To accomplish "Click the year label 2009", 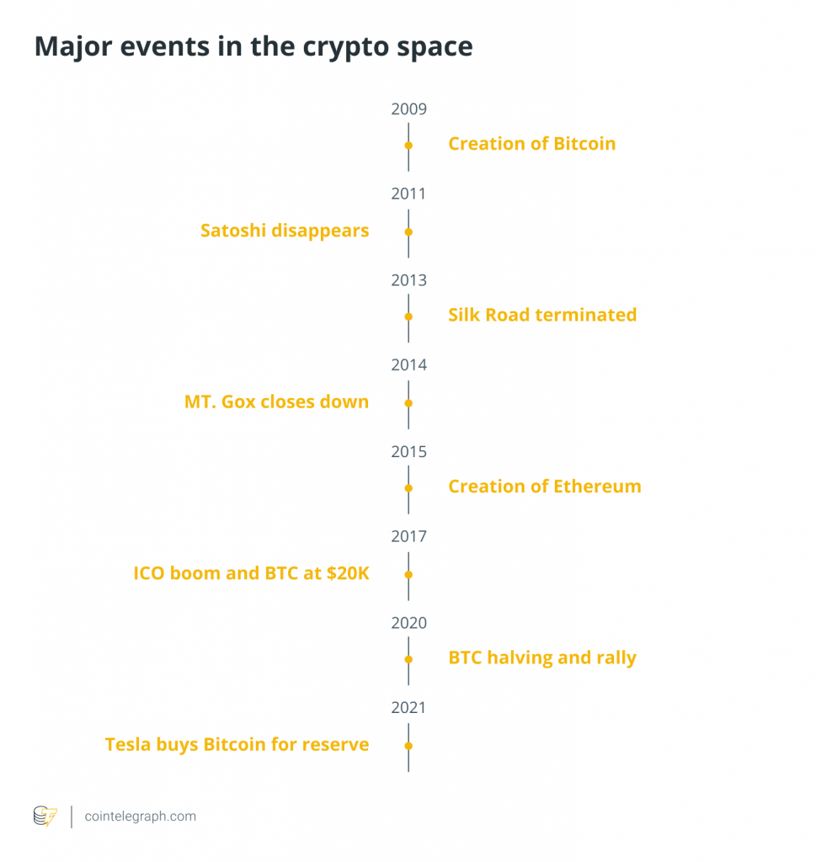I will click(x=408, y=109).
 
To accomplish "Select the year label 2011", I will click(x=408, y=194).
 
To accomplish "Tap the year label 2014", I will click(x=408, y=364).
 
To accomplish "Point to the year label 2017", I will click(x=408, y=536).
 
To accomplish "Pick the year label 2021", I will click(x=408, y=707).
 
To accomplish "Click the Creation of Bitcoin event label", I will click(x=531, y=144).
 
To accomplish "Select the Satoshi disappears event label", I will click(x=285, y=230).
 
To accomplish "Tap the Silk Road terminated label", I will click(x=542, y=316).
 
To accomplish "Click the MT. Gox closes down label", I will click(x=276, y=402).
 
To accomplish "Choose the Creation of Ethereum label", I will click(x=544, y=487).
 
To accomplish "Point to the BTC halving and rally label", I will click(x=542, y=657).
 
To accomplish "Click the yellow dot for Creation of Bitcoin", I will click(x=408, y=146).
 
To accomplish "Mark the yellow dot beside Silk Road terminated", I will click(x=408, y=317).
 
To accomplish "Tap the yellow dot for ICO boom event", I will click(x=408, y=574).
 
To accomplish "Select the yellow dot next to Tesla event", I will click(x=408, y=746).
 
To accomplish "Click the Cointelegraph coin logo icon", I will click(x=45, y=816).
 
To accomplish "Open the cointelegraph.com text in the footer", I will click(x=141, y=817).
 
